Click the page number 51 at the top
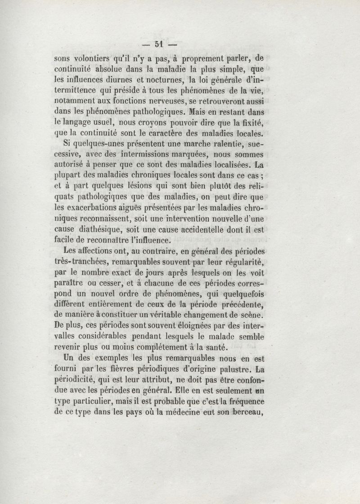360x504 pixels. tap(158, 44)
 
